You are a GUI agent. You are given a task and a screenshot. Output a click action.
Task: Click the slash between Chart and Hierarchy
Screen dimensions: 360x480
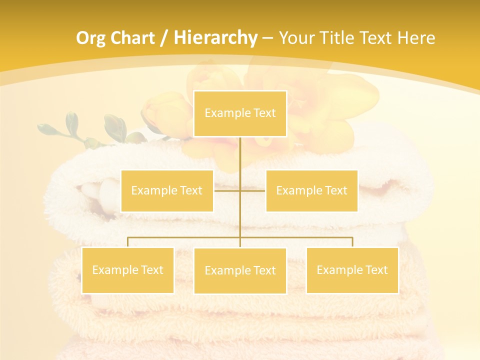[x=164, y=38]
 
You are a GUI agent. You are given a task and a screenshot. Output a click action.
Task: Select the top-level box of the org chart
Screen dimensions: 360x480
[x=240, y=113]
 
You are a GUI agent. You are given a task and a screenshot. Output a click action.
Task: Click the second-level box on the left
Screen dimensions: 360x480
[x=167, y=190]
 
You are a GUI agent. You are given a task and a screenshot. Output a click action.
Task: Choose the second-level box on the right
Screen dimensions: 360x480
[x=311, y=190]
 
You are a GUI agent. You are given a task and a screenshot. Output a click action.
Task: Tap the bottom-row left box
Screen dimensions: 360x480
[x=127, y=270]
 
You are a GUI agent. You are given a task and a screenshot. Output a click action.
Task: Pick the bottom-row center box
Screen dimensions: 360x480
[x=240, y=270]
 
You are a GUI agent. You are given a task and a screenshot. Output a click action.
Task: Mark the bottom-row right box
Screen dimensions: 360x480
[x=352, y=270]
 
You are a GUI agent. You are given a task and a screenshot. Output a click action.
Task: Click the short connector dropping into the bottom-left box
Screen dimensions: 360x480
[x=127, y=242]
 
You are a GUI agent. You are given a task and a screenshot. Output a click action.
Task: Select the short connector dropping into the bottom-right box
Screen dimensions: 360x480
[x=352, y=242]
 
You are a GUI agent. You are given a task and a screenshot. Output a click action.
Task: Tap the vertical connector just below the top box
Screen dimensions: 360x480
[x=240, y=150]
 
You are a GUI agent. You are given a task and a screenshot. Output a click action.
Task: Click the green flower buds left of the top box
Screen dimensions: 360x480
[x=75, y=127]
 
